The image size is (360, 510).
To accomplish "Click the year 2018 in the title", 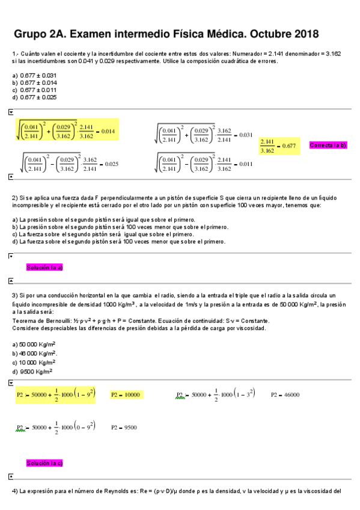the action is tap(304, 34).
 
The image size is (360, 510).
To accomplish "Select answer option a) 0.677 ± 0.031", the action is tap(34, 75).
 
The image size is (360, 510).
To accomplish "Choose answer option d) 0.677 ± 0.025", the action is tap(34, 97).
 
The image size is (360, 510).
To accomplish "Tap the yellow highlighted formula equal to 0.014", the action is tap(67, 131).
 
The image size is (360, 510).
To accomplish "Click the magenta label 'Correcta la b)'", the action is tap(328, 146).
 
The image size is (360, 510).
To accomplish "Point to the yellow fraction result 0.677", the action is tap(279, 146).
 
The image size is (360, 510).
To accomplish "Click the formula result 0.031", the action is tap(246, 135).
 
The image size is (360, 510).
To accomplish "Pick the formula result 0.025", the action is tap(111, 164).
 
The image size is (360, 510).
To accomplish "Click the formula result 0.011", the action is tap(246, 164).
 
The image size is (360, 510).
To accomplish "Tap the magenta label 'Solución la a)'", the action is tap(44, 268).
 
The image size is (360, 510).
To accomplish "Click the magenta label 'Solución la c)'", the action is tap(44, 463).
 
